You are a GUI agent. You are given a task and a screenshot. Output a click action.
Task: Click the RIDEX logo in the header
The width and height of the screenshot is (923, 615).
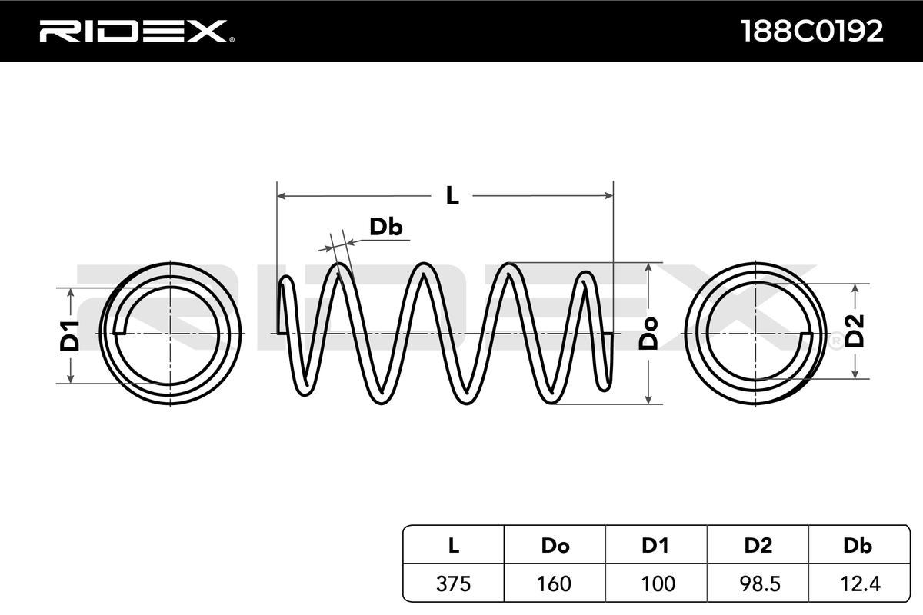[x=137, y=32]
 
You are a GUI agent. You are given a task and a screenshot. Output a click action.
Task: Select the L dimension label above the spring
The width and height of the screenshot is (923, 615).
[x=452, y=196]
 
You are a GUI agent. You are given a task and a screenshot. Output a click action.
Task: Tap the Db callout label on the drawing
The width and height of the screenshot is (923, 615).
[x=385, y=227]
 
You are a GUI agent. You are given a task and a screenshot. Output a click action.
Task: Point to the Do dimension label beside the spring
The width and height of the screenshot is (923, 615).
[x=648, y=334]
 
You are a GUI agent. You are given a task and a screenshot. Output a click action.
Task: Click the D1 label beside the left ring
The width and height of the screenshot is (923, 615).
[x=70, y=336]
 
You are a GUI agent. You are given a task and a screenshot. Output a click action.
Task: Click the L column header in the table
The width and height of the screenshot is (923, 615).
[x=453, y=546]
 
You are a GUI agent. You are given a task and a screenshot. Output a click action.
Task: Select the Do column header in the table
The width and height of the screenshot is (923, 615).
[x=555, y=546]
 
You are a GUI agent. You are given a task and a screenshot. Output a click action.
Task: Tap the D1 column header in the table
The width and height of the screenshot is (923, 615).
[x=655, y=546]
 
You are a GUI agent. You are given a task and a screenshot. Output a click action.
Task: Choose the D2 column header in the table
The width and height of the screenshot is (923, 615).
[x=758, y=546]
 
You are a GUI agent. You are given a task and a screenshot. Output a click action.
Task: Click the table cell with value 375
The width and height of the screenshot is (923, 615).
[x=453, y=584]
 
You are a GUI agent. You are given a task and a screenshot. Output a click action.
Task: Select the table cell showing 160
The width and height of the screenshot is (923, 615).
[x=555, y=584]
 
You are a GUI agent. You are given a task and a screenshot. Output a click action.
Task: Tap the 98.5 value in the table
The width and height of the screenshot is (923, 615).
[x=760, y=584]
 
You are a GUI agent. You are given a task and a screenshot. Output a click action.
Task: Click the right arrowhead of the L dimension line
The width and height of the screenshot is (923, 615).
[x=608, y=196]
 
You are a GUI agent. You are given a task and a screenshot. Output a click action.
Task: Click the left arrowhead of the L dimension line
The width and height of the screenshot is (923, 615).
[x=282, y=196]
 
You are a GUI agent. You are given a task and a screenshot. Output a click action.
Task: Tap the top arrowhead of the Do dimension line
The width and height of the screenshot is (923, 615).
[x=648, y=268]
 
